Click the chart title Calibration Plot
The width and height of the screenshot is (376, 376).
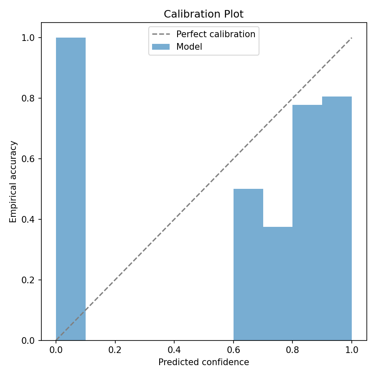coord(203,14)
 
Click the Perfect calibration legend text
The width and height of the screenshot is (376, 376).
coord(216,34)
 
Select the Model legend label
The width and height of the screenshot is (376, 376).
coord(189,47)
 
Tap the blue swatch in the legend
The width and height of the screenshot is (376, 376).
coord(161,47)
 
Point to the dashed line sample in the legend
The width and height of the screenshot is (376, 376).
coord(161,34)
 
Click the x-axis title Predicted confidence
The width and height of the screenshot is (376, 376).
coord(203,362)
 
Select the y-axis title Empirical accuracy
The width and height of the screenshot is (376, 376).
coord(13,182)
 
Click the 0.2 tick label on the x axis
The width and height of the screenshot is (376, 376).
coord(115,351)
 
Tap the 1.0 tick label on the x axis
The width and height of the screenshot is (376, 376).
coord(352,351)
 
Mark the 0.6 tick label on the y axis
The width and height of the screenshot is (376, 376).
coord(28,159)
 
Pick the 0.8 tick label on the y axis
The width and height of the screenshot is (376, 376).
coord(28,98)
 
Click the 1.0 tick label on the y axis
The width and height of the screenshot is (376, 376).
coord(28,38)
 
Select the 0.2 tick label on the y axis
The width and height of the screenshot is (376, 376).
coord(28,280)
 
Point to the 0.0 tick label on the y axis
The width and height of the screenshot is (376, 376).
coord(28,340)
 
